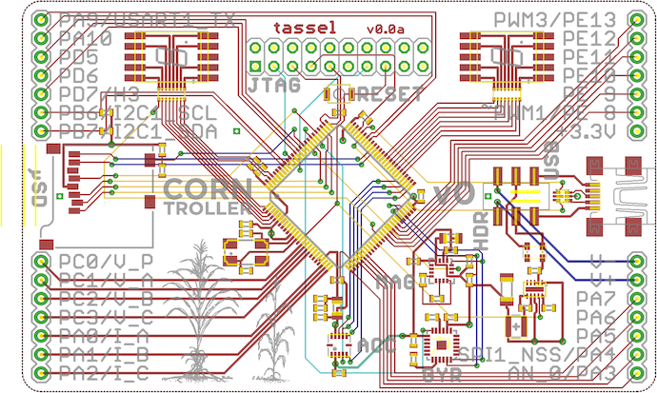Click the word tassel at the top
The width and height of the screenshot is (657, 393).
tap(305, 28)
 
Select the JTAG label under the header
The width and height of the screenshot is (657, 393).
tap(274, 86)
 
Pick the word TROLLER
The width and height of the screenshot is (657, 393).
tap(209, 207)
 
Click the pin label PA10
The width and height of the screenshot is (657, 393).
tap(84, 39)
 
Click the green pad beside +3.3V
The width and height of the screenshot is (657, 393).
tap(635, 129)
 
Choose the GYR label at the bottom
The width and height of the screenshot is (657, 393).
tap(441, 375)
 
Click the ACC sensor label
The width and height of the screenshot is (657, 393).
tap(370, 343)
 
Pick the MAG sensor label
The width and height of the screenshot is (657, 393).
tap(395, 282)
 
